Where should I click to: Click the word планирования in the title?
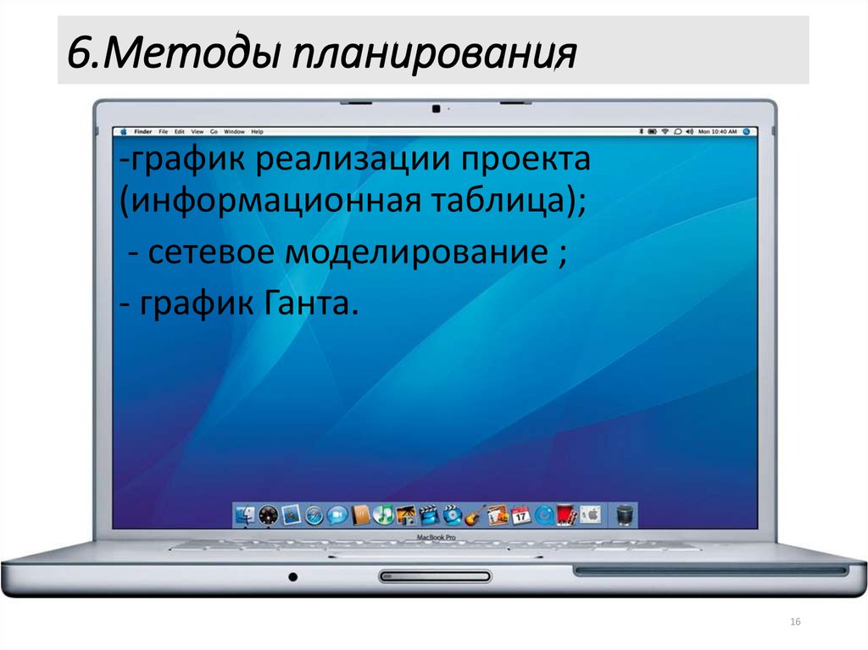434,55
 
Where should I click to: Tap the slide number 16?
795,623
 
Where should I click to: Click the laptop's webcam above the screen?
435,108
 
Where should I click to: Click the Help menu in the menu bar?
257,132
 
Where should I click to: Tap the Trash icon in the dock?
625,514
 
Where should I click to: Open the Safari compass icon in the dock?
314,514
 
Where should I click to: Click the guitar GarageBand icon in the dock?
475,514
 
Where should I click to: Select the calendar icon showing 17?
520,514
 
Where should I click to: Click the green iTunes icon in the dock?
384,514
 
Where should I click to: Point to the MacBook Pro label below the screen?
436,538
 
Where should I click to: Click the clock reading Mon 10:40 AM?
717,132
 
